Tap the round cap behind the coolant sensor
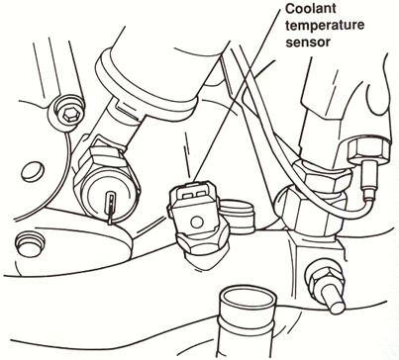pyautogui.click(x=236, y=212)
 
